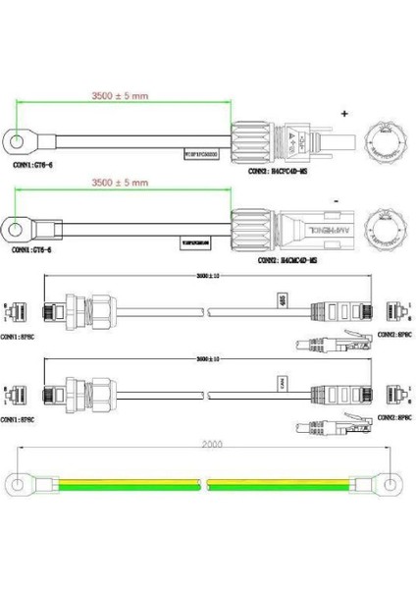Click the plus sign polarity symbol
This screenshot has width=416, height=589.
(343, 115)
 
